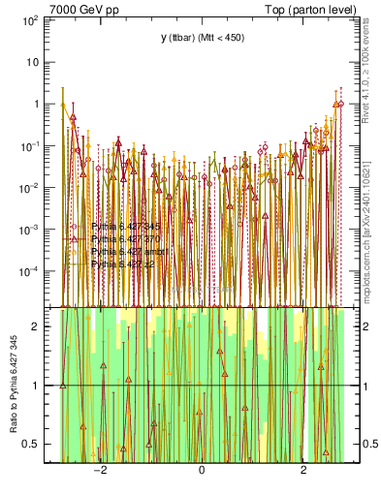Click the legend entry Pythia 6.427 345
(x=125, y=226)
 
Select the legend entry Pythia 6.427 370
(x=125, y=238)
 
